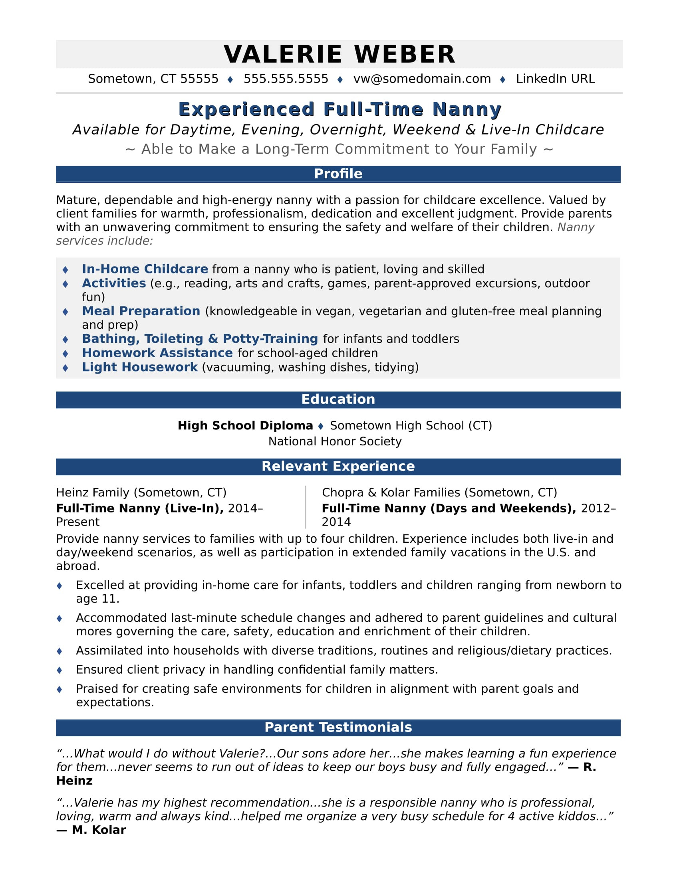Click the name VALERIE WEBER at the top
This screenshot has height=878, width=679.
tap(339, 54)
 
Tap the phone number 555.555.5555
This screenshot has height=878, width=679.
tap(286, 79)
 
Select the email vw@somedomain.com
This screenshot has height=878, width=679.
tap(422, 79)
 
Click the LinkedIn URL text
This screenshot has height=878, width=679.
tap(555, 79)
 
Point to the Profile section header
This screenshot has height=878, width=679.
tap(338, 174)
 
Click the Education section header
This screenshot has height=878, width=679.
tap(338, 399)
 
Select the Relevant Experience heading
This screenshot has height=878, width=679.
tap(338, 466)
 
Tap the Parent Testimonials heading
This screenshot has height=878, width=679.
tap(338, 727)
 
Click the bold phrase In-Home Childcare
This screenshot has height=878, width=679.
tap(145, 269)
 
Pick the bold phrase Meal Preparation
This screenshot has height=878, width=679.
tap(141, 311)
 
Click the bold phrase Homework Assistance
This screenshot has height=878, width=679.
tap(157, 352)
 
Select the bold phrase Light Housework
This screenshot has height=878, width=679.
tap(139, 367)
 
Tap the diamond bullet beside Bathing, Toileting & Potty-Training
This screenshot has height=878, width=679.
tap(66, 339)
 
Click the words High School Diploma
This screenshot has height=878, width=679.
tap(245, 425)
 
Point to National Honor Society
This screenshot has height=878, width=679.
tap(335, 441)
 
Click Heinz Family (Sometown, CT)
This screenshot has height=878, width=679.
tap(141, 492)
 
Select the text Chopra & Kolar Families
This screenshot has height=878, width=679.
tap(391, 492)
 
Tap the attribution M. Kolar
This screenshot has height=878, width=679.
tap(99, 830)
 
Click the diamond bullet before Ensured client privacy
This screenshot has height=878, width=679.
tap(60, 670)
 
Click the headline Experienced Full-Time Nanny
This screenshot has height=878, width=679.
tap(339, 109)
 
